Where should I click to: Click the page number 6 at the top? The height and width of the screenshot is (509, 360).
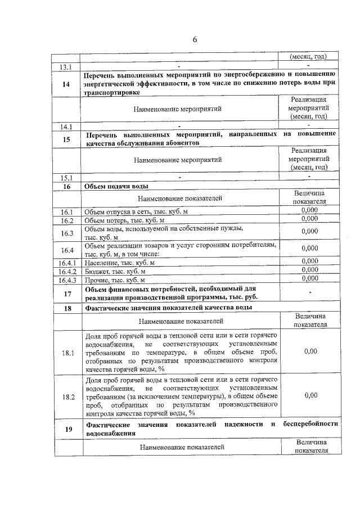point(195,39)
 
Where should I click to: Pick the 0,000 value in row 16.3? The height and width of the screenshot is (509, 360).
point(310,231)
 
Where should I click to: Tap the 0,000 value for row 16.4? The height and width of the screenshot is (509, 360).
point(310,248)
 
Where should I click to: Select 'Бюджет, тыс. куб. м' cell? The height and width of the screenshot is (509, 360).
point(116,271)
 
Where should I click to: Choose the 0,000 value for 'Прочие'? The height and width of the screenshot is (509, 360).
point(310,278)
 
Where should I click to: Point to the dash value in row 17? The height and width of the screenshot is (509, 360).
point(310,292)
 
